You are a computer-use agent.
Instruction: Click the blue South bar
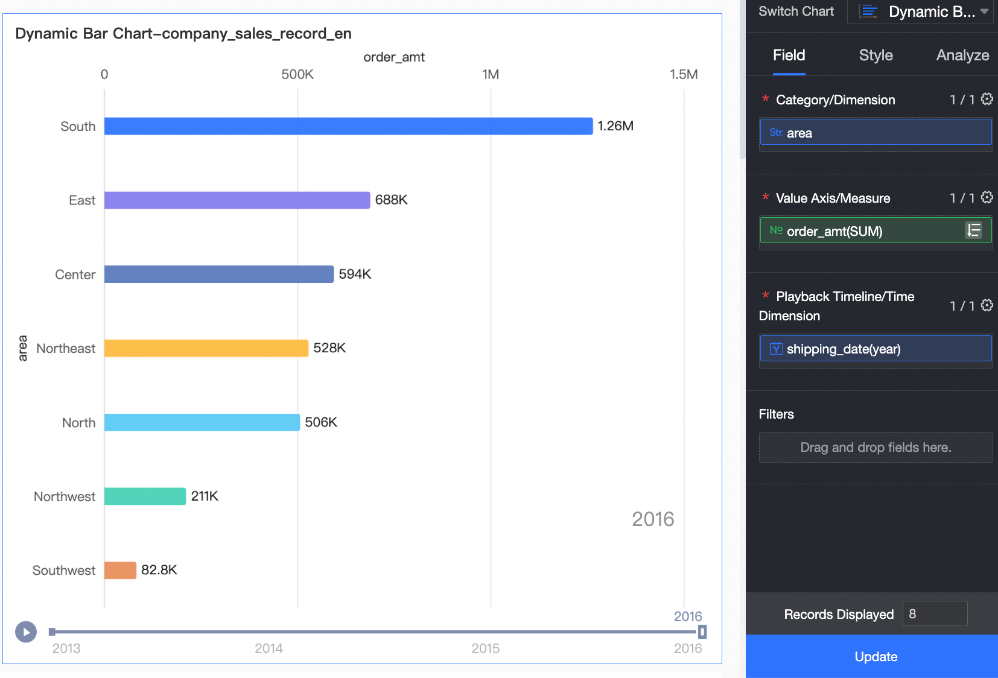pyautogui.click(x=348, y=126)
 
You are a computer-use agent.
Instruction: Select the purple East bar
pyautogui.click(x=237, y=200)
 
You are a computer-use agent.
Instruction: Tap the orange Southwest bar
pyautogui.click(x=120, y=570)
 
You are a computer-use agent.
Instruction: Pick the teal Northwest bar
pyautogui.click(x=145, y=496)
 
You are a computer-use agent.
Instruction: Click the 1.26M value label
pyautogui.click(x=615, y=126)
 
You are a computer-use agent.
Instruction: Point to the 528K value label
pyautogui.click(x=329, y=348)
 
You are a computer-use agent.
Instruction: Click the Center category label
pyautogui.click(x=75, y=275)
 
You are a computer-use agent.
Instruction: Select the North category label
pyautogui.click(x=78, y=423)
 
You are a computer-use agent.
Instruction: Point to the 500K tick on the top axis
pyautogui.click(x=297, y=74)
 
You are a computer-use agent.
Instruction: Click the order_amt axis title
pyautogui.click(x=394, y=57)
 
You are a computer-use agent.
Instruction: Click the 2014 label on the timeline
pyautogui.click(x=269, y=648)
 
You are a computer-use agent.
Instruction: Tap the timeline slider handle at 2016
pyautogui.click(x=702, y=632)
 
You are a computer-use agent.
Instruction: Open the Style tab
pyautogui.click(x=876, y=55)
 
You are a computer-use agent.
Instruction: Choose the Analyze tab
pyautogui.click(x=962, y=55)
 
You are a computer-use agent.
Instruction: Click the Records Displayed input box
pyautogui.click(x=935, y=614)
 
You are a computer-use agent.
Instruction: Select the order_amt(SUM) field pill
pyautogui.click(x=863, y=231)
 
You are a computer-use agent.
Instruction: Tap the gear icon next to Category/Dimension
pyautogui.click(x=987, y=99)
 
